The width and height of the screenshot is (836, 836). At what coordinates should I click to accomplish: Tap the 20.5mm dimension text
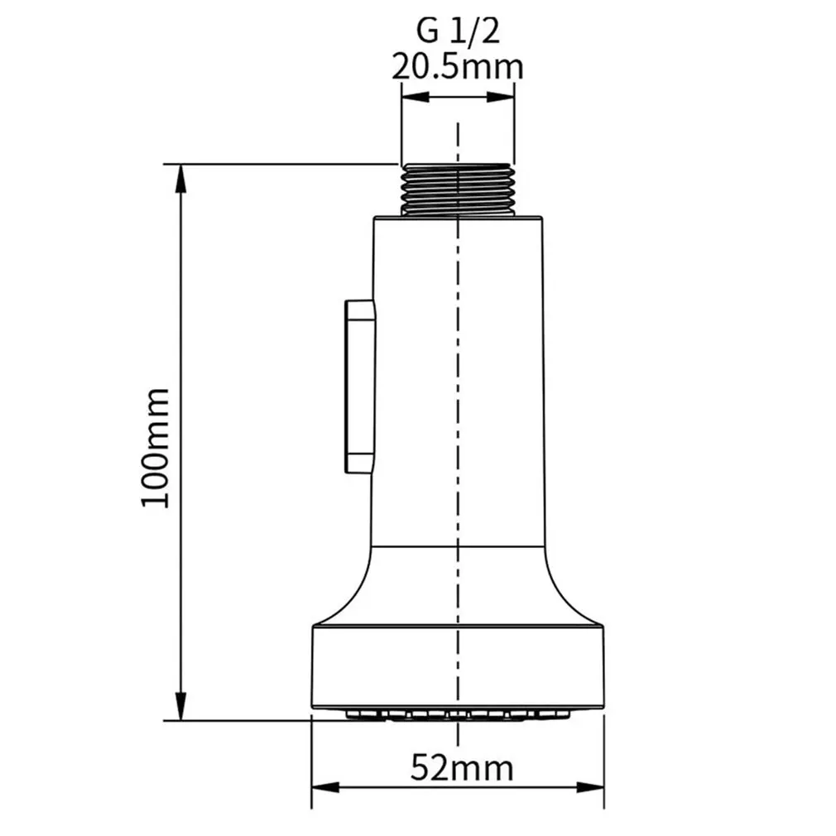point(457,66)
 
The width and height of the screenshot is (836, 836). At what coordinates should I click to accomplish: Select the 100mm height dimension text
point(156,448)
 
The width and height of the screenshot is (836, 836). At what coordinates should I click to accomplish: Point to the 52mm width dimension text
point(461,768)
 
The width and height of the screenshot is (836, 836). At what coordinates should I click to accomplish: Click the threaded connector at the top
point(457,189)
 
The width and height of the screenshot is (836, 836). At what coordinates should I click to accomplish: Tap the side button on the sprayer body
point(359,387)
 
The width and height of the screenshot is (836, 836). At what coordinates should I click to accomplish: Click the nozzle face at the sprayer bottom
point(457,713)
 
